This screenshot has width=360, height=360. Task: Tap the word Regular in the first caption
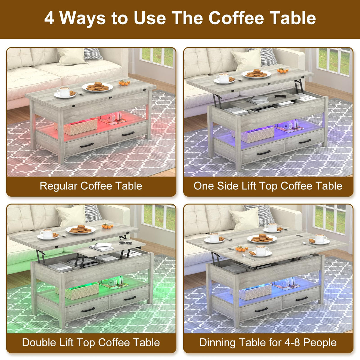58,186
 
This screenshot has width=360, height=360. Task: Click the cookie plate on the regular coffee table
97,87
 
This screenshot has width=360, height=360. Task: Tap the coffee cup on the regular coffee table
64,92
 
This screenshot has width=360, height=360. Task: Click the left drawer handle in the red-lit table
87,145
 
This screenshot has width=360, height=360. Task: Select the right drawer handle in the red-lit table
128,134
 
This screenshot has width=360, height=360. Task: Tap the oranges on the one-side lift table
283,71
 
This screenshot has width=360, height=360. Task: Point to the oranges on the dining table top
241,249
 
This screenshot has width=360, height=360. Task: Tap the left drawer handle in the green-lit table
88,310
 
